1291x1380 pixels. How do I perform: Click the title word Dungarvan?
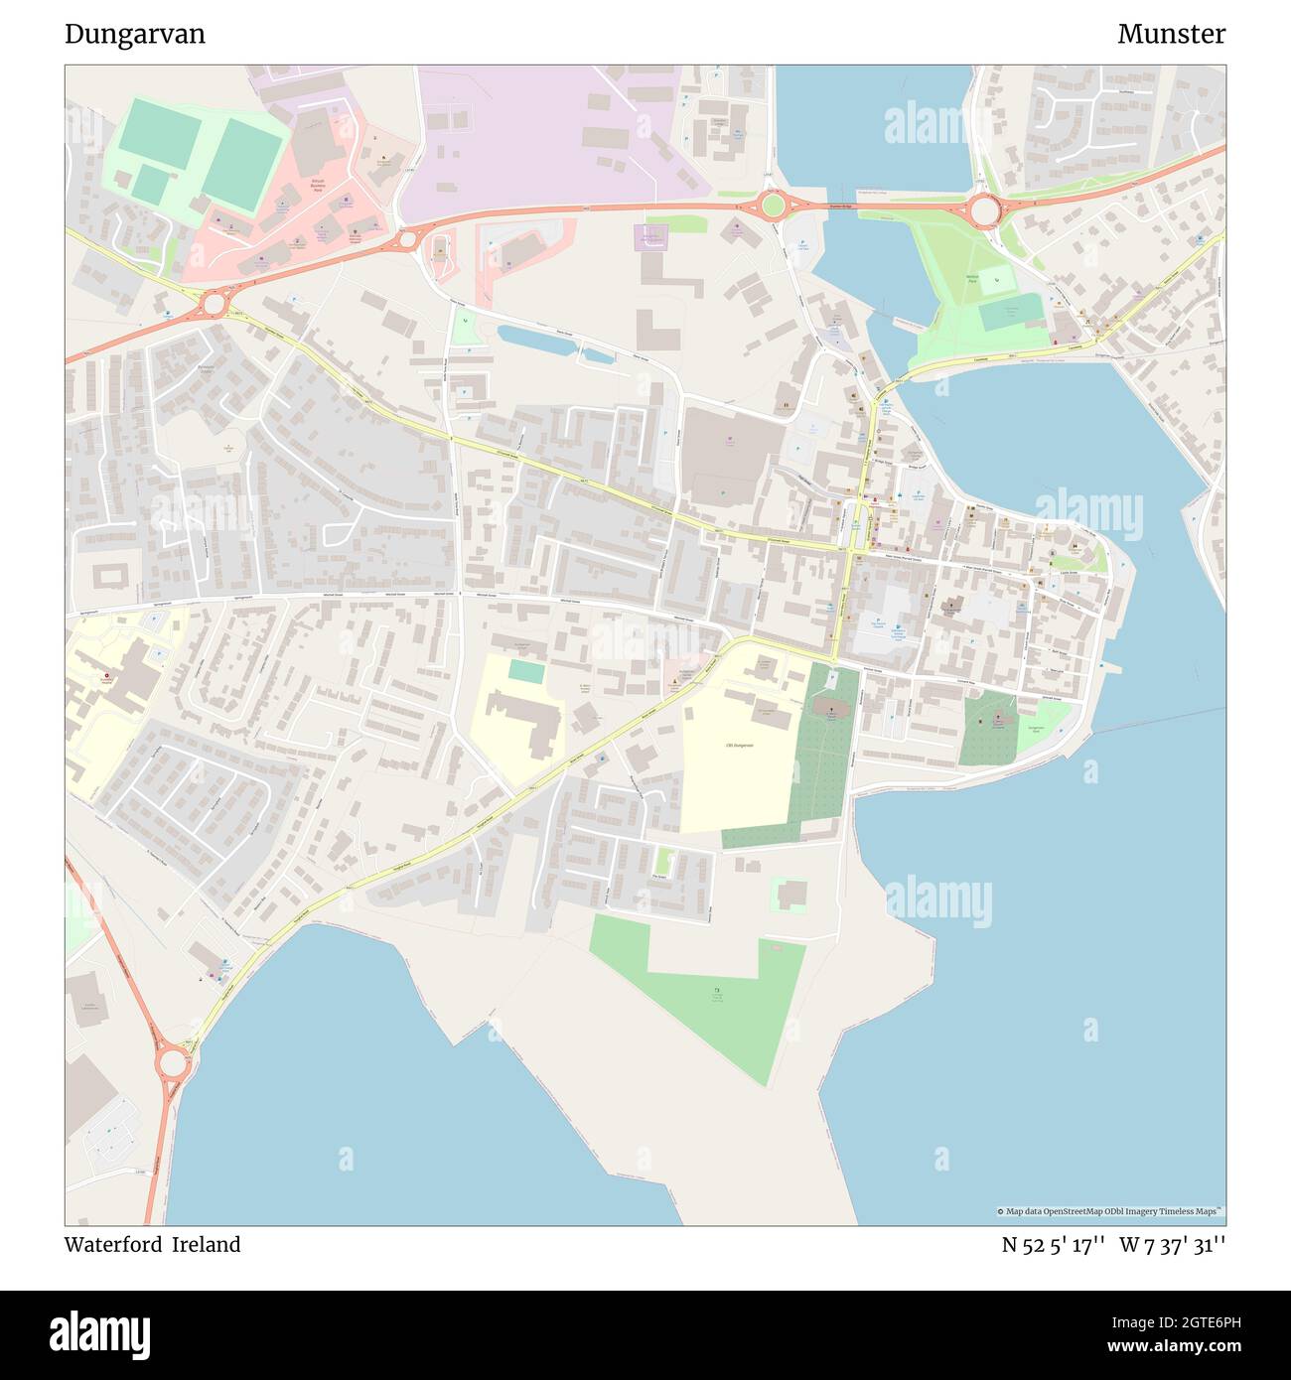pyautogui.click(x=135, y=34)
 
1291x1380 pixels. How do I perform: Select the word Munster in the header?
pyautogui.click(x=1171, y=34)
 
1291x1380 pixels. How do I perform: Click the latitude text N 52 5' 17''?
pyautogui.click(x=1053, y=1245)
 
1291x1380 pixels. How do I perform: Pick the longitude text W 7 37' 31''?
pyautogui.click(x=1172, y=1245)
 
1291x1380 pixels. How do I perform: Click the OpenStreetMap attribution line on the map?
pyautogui.click(x=1110, y=1211)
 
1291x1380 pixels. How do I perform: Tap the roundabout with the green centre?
pyautogui.click(x=771, y=207)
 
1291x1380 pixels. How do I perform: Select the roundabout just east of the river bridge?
pyautogui.click(x=984, y=210)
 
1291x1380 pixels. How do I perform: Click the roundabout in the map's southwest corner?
pyautogui.click(x=172, y=1063)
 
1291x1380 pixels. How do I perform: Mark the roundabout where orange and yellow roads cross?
pyautogui.click(x=214, y=304)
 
